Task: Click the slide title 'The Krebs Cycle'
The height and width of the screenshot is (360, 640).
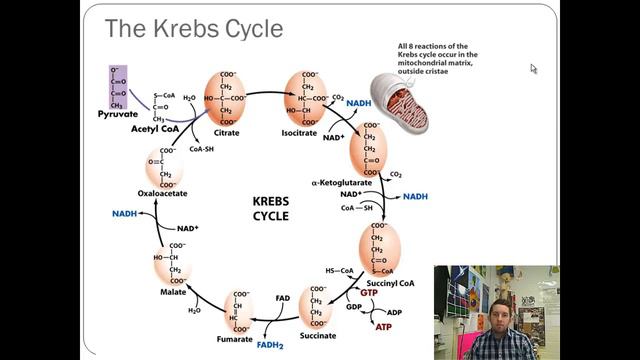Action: [x=194, y=29]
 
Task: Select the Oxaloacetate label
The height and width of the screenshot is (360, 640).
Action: [x=163, y=195]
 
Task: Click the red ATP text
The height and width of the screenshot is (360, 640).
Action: [x=384, y=326]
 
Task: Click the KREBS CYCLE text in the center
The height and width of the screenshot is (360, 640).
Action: [x=271, y=207]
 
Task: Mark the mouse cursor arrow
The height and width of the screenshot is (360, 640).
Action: [x=534, y=69]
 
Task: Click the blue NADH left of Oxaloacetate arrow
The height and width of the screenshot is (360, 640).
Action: [x=125, y=213]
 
